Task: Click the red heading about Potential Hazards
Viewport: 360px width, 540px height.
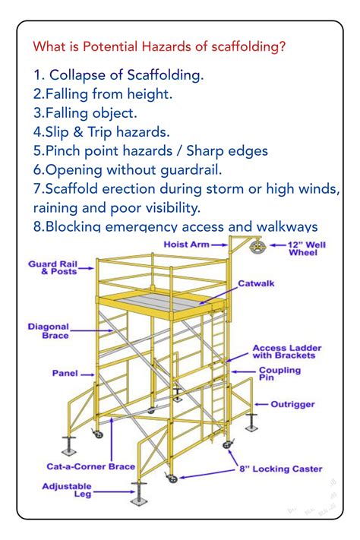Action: pyautogui.click(x=159, y=46)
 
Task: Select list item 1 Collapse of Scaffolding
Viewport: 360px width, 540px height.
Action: pyautogui.click(x=118, y=75)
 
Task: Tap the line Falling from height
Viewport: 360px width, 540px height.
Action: pyautogui.click(x=103, y=94)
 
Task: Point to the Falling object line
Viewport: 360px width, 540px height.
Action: pyautogui.click(x=85, y=113)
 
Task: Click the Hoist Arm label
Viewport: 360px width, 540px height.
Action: pyautogui.click(x=186, y=245)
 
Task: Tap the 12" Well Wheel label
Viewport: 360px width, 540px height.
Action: pyautogui.click(x=308, y=248)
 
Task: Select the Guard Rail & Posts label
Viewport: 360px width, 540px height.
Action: pyautogui.click(x=52, y=267)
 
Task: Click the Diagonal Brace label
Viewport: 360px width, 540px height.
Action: pyautogui.click(x=49, y=330)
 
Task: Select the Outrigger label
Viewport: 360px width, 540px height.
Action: pyautogui.click(x=292, y=405)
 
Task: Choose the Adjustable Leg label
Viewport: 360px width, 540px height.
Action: pyautogui.click(x=67, y=490)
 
